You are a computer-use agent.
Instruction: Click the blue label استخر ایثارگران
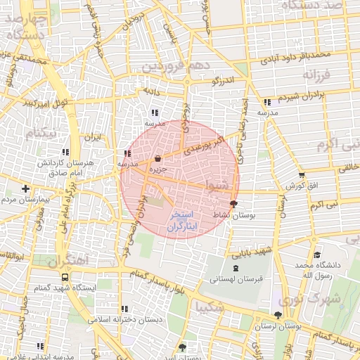click(x=184, y=220)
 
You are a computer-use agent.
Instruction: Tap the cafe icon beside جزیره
click(x=157, y=158)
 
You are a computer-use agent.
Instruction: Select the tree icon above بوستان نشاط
click(x=233, y=203)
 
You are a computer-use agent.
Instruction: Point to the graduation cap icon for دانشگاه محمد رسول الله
click(x=317, y=255)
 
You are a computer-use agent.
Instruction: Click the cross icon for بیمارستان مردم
click(x=26, y=188)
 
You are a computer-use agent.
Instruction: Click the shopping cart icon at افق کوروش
click(x=302, y=175)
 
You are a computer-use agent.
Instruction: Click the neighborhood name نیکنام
click(x=39, y=132)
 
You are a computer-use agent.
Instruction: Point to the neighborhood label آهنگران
click(x=70, y=259)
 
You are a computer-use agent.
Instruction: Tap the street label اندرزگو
click(x=223, y=81)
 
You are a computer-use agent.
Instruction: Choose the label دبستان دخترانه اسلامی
click(x=125, y=319)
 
